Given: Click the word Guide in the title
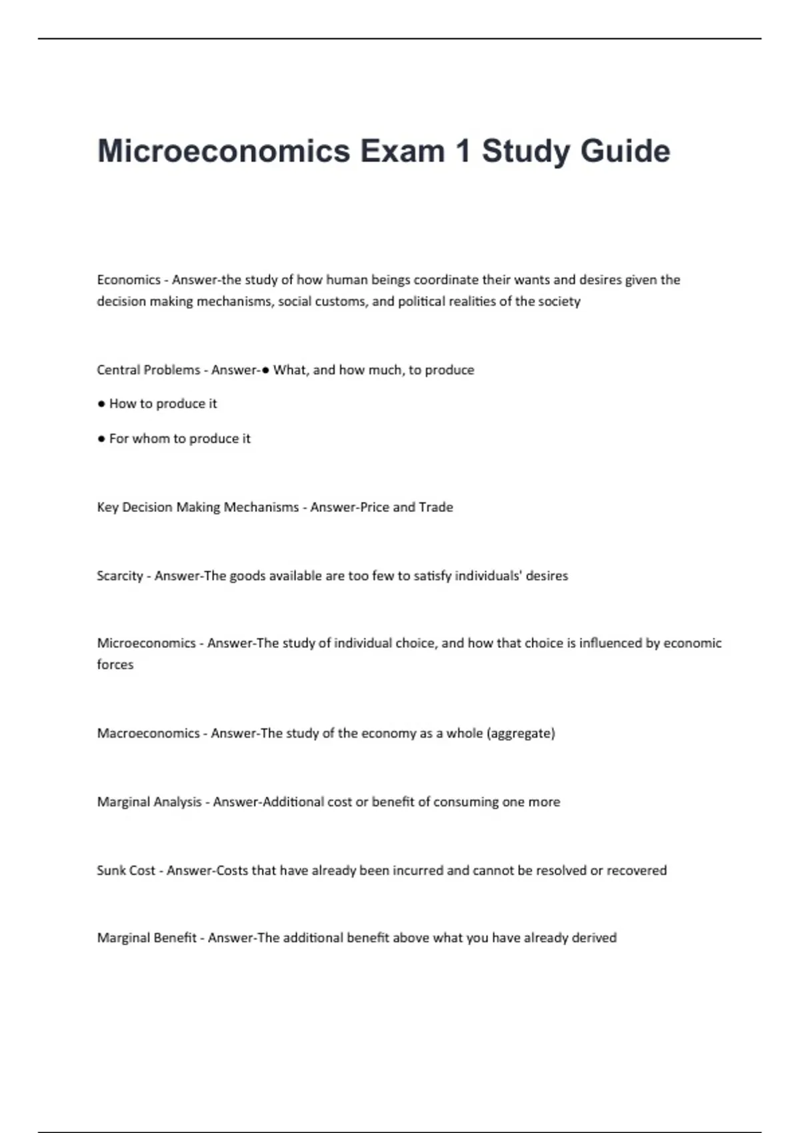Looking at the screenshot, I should (625, 151).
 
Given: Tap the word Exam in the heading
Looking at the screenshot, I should (403, 151).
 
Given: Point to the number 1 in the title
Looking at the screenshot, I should (463, 151).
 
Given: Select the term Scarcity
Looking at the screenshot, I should (120, 576).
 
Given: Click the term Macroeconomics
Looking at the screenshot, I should (148, 733).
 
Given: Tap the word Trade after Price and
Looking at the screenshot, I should (436, 507).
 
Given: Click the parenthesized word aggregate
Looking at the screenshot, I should (521, 734).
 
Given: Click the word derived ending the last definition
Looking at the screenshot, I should (594, 938).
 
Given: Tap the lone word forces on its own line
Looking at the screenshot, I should (115, 664).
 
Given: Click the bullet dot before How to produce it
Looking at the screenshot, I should (101, 404).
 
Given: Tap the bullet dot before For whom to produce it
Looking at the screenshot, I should (101, 439).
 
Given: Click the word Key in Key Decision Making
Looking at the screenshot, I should (107, 507).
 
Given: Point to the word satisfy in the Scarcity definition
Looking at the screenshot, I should (432, 576).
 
